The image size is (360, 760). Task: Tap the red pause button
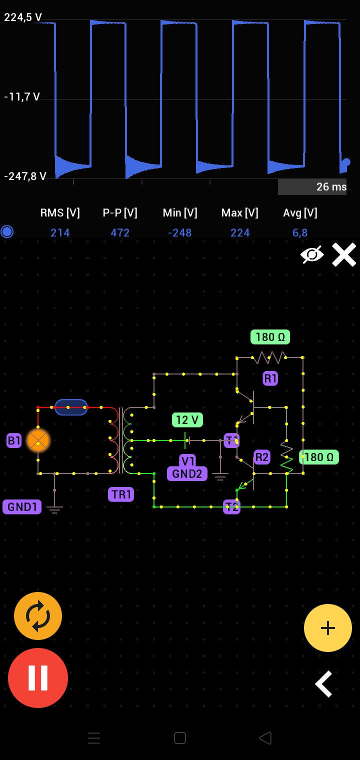pos(38,677)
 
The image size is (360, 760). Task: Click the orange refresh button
pos(38,616)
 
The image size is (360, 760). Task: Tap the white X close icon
pos(344,254)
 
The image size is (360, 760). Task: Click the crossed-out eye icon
pos(312,254)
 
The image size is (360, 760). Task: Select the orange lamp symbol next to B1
pos(38,440)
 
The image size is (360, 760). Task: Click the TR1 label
pos(121,494)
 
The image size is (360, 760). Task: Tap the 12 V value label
pos(187,419)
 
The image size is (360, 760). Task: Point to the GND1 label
pos(22,506)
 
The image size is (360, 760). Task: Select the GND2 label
pos(187,473)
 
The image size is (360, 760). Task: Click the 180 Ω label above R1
pos(270,337)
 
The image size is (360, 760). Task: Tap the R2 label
pos(262,457)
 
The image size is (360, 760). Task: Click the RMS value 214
pos(60,233)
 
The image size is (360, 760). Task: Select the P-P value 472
pos(120,233)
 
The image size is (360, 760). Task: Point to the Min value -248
pos(180,233)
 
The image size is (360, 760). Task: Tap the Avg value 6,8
pos(300,233)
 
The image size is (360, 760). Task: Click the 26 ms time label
pos(331,187)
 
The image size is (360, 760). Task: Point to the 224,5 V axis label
pos(23,17)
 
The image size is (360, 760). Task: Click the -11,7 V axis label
pos(22,97)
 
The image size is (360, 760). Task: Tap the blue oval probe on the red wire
pos(71,407)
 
